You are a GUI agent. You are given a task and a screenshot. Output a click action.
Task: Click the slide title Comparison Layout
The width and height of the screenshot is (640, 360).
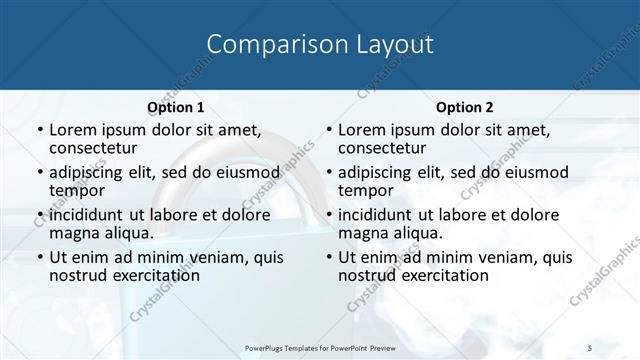pos(320,45)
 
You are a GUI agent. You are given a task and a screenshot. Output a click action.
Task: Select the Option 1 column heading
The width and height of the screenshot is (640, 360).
pos(175,107)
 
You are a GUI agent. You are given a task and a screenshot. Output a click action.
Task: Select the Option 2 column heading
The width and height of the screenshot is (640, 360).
pos(464,107)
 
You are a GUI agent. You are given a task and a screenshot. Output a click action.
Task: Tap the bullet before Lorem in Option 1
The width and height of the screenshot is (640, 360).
pos(39,130)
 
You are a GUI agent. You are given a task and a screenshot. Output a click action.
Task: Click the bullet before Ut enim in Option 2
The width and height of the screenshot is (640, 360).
pos(328,257)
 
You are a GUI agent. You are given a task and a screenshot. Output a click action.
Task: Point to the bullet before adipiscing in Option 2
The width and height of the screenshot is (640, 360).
pos(328,172)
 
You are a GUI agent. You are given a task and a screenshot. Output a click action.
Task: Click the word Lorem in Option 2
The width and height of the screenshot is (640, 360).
pos(362,130)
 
